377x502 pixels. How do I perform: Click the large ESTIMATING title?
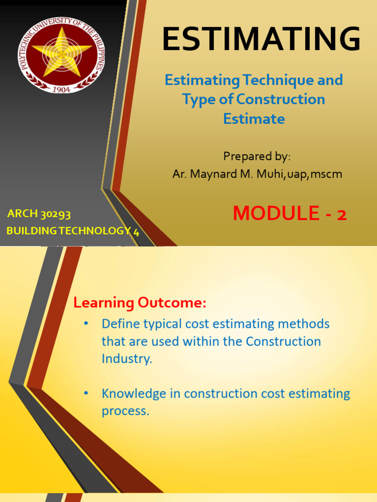[x=261, y=39]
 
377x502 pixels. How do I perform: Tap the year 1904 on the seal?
[x=61, y=89]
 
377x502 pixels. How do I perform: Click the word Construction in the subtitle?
[x=281, y=99]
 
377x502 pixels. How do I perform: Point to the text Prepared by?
[x=257, y=156]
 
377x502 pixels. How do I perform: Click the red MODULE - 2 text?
[x=290, y=213]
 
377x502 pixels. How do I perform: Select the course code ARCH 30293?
[x=39, y=214]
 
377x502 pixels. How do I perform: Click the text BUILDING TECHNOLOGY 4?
[x=73, y=232]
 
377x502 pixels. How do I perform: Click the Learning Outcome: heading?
[x=140, y=303]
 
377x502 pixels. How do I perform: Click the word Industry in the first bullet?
[x=126, y=358]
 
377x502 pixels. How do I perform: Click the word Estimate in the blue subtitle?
[x=254, y=119]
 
